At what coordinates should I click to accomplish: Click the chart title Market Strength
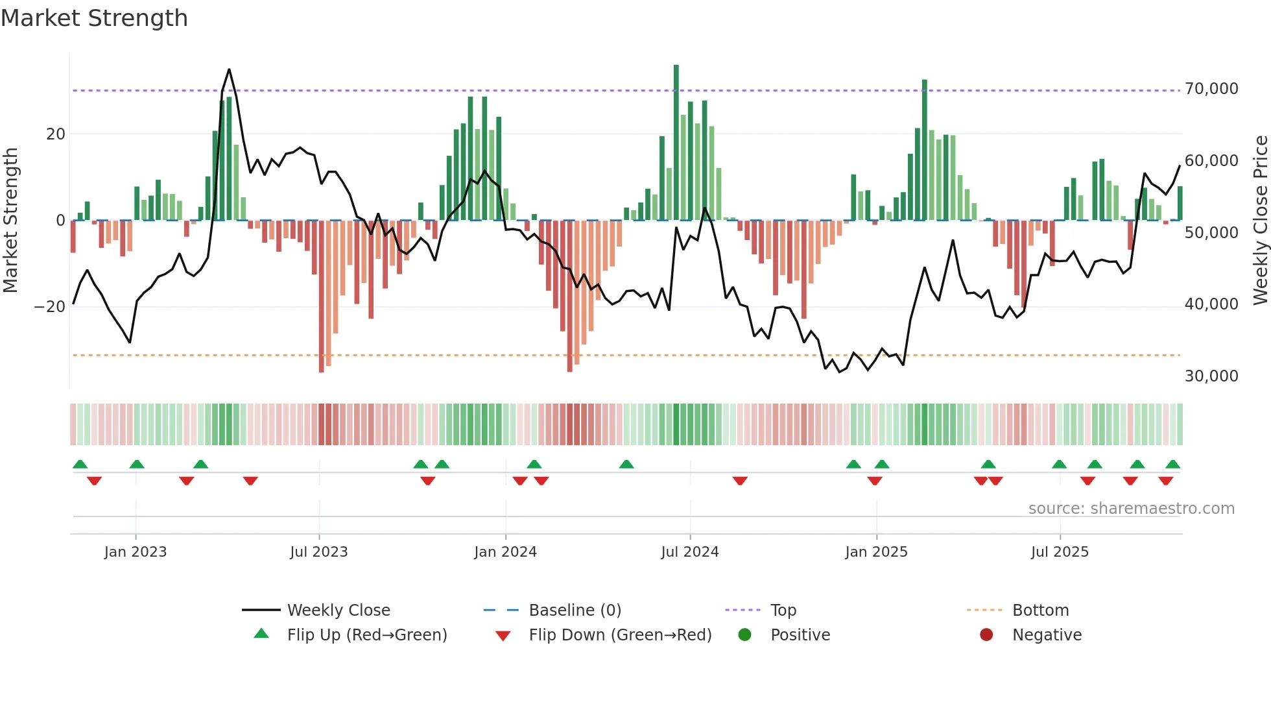point(94,18)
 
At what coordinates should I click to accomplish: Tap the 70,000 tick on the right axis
point(1211,89)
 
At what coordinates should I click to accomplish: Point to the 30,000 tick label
point(1211,376)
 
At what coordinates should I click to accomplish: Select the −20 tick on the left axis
point(50,307)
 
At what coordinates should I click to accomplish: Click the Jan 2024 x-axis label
point(505,552)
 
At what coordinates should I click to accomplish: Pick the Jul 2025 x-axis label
point(1060,552)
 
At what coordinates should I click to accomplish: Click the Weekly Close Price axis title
point(1260,220)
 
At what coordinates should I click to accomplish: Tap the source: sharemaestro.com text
point(1131,509)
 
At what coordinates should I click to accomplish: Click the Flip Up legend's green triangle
point(261,634)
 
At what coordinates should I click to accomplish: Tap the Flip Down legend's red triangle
point(503,636)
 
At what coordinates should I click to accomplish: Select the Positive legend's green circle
point(744,635)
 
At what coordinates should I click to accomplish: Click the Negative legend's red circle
point(986,635)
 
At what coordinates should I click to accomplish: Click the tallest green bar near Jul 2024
point(676,143)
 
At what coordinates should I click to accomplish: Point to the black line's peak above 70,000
point(229,70)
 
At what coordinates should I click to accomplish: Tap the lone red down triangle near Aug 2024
point(740,481)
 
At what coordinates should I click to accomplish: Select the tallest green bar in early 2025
point(925,149)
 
